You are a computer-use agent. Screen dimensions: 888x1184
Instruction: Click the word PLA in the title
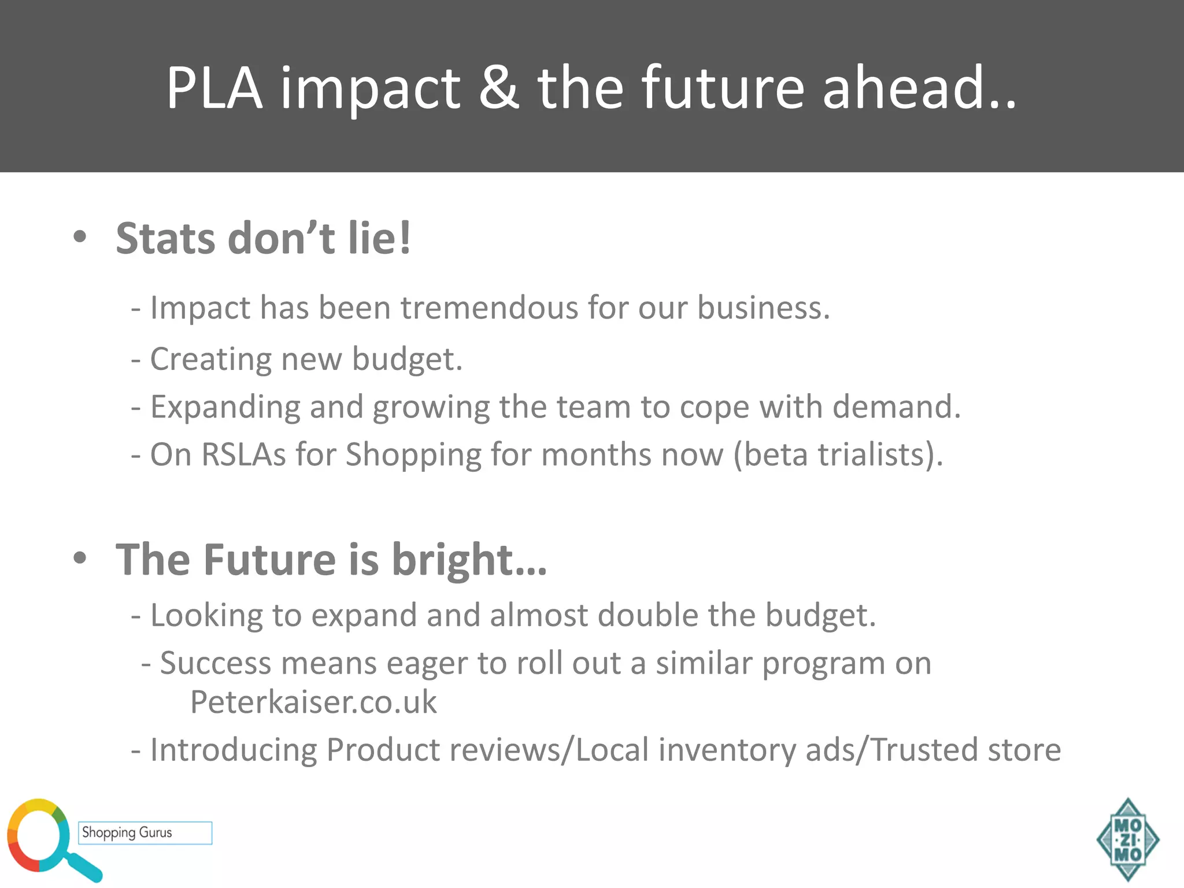click(x=214, y=88)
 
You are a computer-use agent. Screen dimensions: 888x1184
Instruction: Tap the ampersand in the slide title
click(x=498, y=88)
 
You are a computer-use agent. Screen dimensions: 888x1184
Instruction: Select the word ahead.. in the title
click(x=919, y=88)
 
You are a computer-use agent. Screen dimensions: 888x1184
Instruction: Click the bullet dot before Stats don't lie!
click(x=80, y=236)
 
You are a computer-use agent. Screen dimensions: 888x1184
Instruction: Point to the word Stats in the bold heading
click(x=165, y=238)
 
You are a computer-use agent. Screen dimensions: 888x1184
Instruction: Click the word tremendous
click(x=489, y=308)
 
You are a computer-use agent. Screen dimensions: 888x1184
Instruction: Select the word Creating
click(x=210, y=360)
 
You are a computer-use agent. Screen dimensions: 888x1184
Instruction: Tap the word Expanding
click(x=225, y=408)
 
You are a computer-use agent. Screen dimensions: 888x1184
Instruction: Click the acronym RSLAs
click(x=243, y=454)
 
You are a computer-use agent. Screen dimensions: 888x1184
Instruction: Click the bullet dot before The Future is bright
click(x=80, y=558)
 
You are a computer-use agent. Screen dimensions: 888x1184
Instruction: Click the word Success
click(x=215, y=663)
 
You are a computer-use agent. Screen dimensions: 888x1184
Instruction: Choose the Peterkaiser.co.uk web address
click(x=313, y=702)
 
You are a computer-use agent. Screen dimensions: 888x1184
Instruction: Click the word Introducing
click(x=234, y=750)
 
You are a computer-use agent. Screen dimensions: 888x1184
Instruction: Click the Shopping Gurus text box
click(x=145, y=832)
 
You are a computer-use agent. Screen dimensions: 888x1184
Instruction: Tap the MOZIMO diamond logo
click(x=1127, y=839)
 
